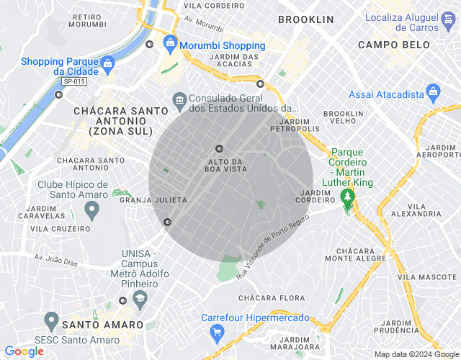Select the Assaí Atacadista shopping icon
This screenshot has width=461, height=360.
pyautogui.click(x=433, y=92)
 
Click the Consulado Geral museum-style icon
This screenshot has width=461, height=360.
pyautogui.click(x=179, y=99)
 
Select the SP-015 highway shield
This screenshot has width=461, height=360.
pyautogui.click(x=74, y=81)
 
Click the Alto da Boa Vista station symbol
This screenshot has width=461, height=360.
pyautogui.click(x=220, y=148)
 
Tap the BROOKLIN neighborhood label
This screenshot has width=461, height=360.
pyautogui.click(x=305, y=19)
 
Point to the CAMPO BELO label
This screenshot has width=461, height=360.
pyautogui.click(x=393, y=45)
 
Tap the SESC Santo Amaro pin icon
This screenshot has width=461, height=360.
pyautogui.click(x=51, y=319)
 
